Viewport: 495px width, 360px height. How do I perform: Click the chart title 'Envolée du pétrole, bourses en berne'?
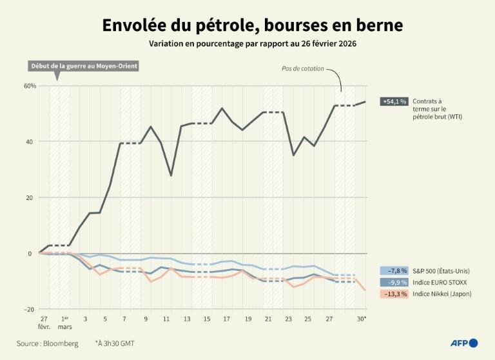(252, 25)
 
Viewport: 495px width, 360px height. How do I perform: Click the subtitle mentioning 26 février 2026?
(253, 44)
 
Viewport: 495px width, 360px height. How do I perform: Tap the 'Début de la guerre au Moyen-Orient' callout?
(84, 66)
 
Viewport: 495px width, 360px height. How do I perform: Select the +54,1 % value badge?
(394, 101)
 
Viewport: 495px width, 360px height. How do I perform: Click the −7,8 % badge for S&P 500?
(394, 270)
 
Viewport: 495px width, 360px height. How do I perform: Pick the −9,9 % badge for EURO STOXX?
(394, 282)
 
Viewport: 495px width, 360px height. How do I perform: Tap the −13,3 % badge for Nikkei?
(394, 294)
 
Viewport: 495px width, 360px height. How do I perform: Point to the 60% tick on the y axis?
(30, 86)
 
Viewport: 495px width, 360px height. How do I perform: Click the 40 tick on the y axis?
(30, 142)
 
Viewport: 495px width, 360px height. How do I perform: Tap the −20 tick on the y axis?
(29, 310)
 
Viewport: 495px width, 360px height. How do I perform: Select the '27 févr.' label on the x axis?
(44, 323)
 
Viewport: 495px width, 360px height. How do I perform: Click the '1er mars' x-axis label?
(64, 323)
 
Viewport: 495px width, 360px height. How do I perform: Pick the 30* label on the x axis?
(362, 319)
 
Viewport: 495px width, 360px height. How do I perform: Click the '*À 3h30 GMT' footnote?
(115, 343)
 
